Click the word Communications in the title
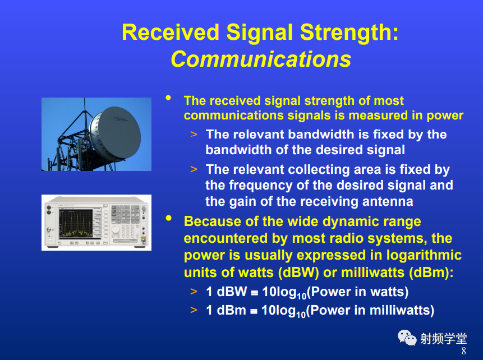(x=261, y=59)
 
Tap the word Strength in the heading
(x=349, y=33)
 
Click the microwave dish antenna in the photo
(x=116, y=134)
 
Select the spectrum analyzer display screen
(x=76, y=223)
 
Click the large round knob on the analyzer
(x=116, y=229)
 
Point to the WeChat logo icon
(x=407, y=338)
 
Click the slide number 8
(x=463, y=351)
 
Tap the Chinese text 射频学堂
(x=444, y=339)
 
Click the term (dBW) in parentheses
(x=298, y=273)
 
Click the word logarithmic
(x=424, y=255)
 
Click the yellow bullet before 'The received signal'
(x=168, y=98)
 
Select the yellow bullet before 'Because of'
(x=168, y=218)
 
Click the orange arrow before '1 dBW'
(x=194, y=292)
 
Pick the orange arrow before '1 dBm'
(x=194, y=310)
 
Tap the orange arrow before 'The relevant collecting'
(x=194, y=169)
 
